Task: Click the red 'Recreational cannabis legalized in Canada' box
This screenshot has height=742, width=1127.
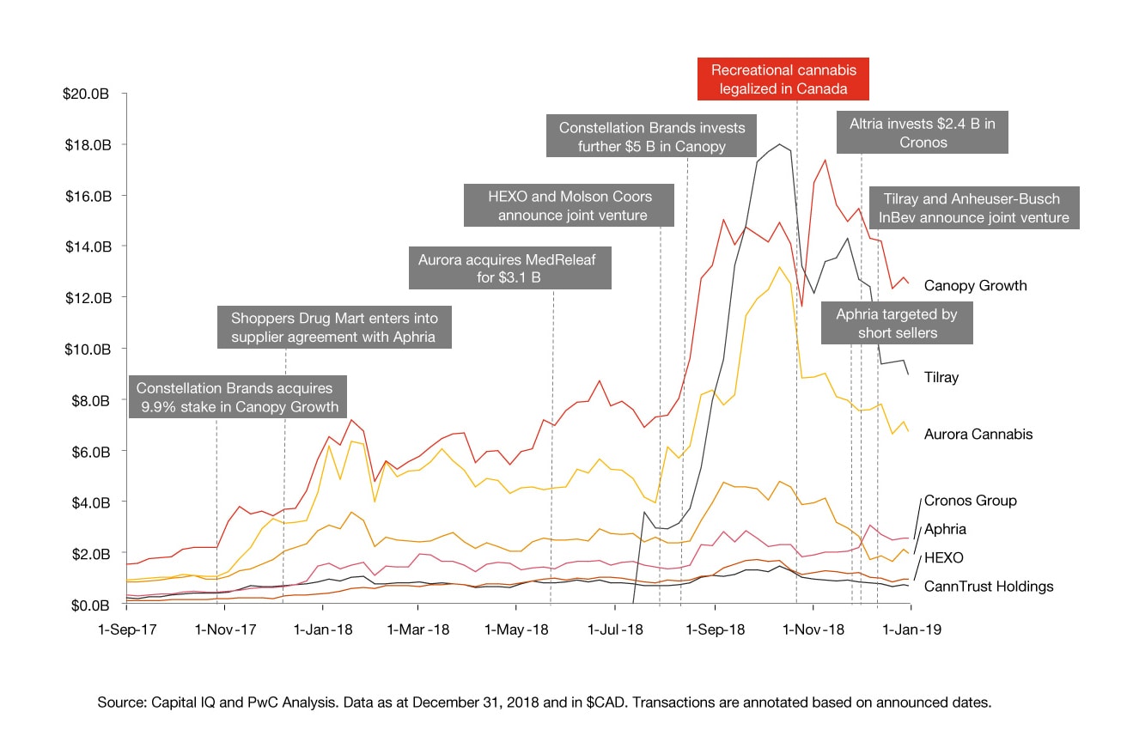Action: [783, 78]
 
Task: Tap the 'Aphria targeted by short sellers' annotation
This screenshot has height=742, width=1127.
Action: [897, 323]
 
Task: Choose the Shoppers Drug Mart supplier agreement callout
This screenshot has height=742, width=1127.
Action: [333, 327]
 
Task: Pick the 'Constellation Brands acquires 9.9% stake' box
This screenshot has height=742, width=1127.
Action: [237, 397]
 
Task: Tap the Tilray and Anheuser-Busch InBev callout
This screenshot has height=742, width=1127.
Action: [974, 209]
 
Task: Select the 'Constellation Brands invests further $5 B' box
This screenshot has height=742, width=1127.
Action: [653, 137]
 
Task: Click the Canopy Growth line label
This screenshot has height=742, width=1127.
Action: [975, 286]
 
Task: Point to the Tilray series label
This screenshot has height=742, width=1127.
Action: [941, 377]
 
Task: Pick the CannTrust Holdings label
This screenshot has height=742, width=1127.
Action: [988, 587]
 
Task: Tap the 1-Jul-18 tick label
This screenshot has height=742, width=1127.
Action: [615, 629]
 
